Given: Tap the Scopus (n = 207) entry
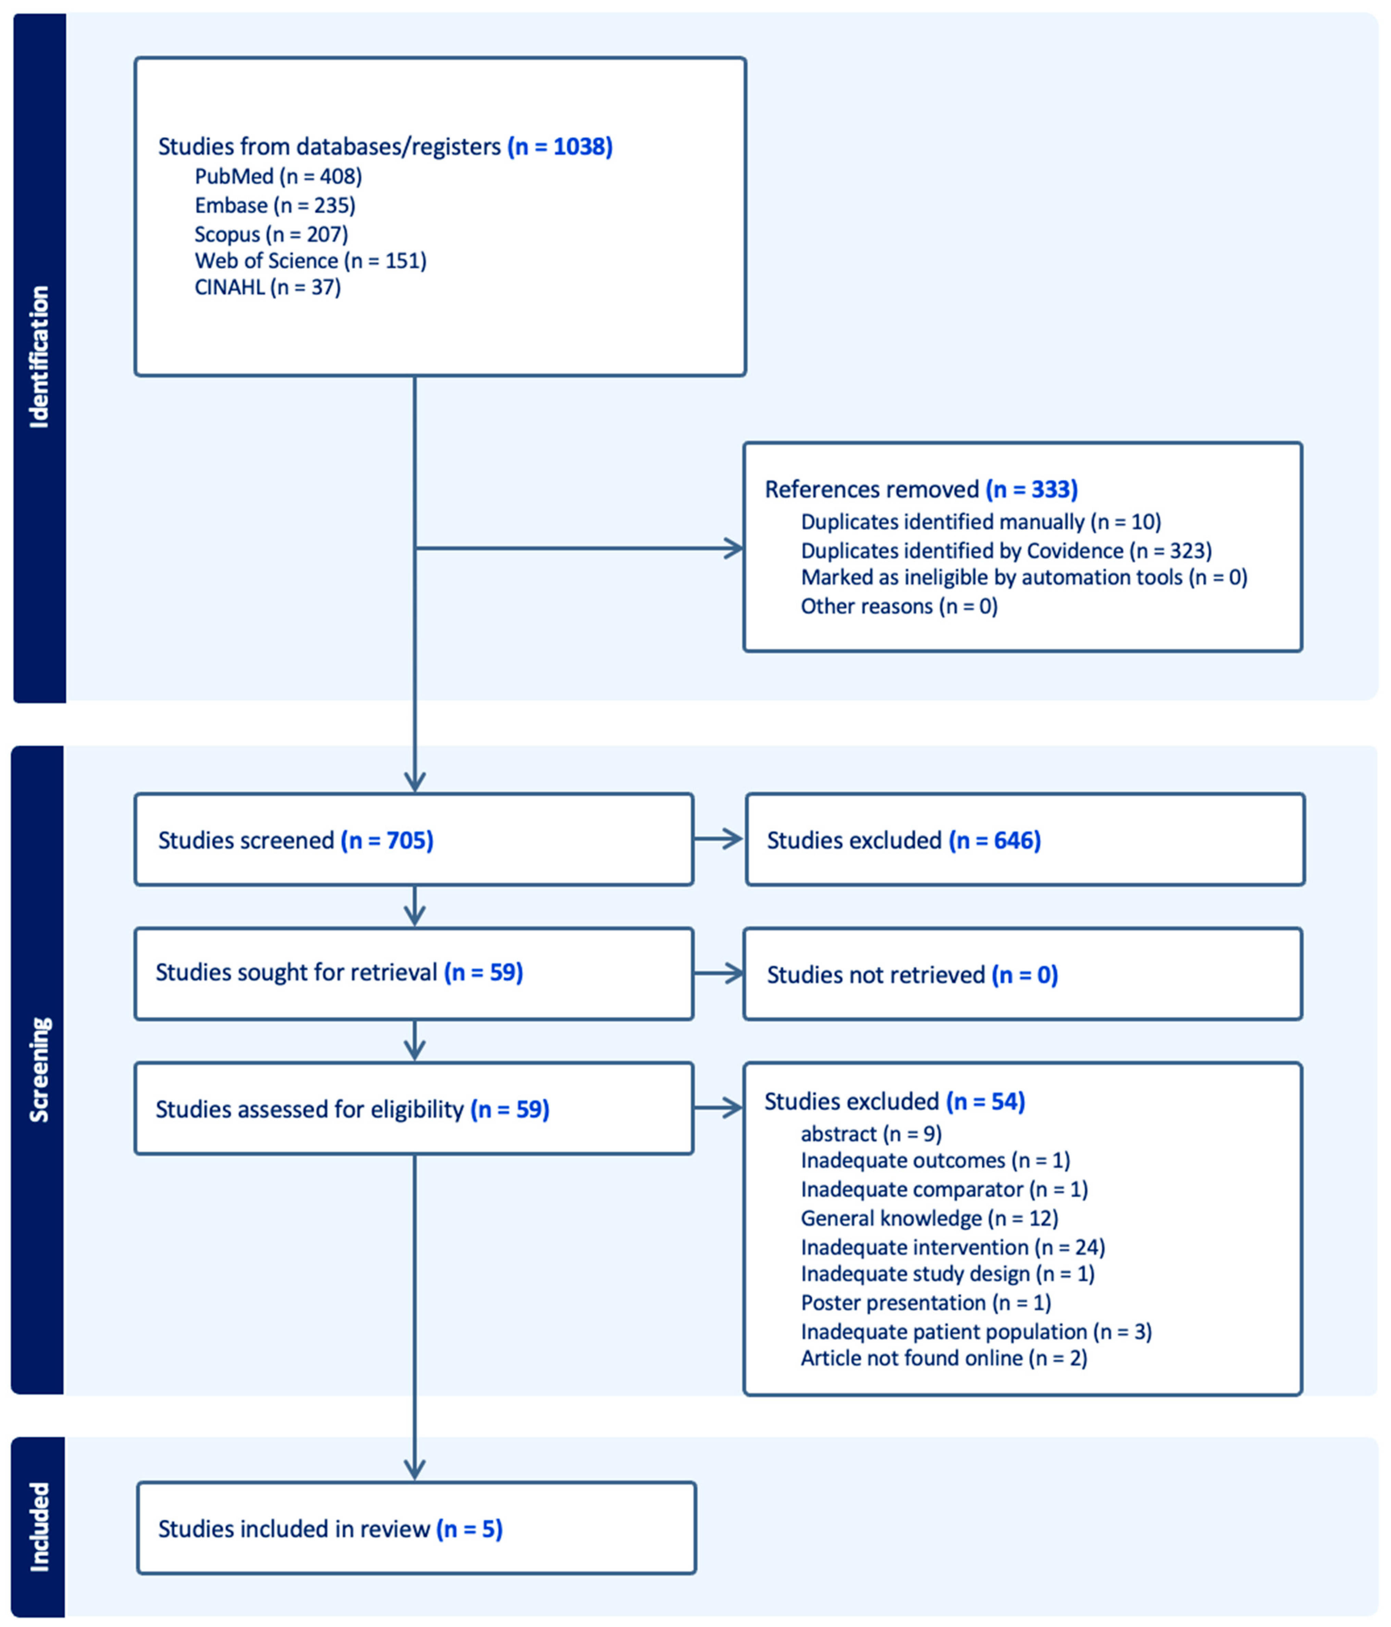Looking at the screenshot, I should pyautogui.click(x=271, y=234).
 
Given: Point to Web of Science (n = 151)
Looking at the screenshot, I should pyautogui.click(x=310, y=261).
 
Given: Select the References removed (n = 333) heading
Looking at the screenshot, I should pyautogui.click(x=921, y=489).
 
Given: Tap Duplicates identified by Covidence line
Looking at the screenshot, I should pyautogui.click(x=1006, y=550).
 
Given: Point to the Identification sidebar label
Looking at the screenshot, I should pyautogui.click(x=39, y=357).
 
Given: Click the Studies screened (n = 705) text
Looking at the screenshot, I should pyautogui.click(x=295, y=840).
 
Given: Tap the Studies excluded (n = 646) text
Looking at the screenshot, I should pyautogui.click(x=904, y=840).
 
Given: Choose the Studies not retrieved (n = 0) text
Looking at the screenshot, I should pyautogui.click(x=912, y=975).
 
